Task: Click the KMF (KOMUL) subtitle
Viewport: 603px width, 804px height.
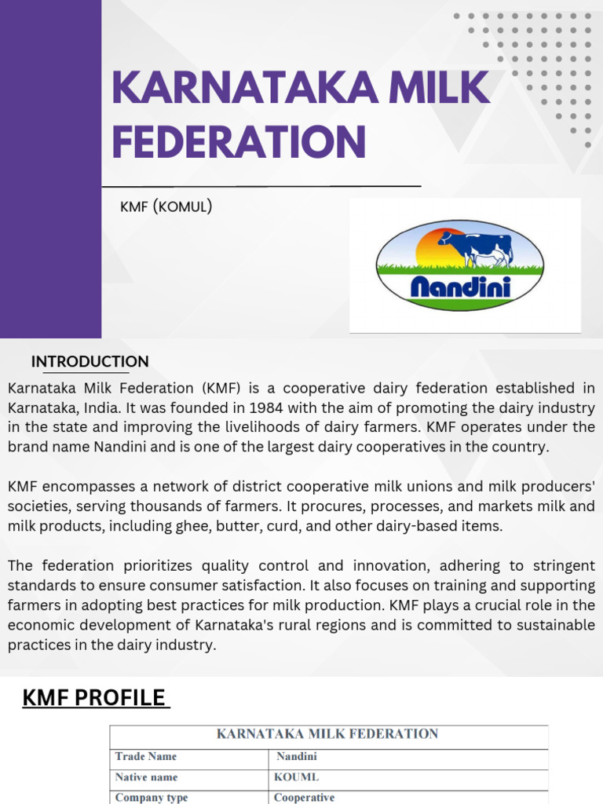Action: tap(166, 206)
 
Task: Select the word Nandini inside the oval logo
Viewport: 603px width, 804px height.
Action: tap(461, 287)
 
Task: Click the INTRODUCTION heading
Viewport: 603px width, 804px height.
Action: tap(90, 362)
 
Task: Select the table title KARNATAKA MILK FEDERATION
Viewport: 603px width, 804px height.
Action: tap(327, 734)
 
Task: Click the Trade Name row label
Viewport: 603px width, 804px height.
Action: tap(146, 757)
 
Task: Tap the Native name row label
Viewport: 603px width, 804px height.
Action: tap(146, 777)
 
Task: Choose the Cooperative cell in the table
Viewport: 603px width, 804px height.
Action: tap(304, 797)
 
